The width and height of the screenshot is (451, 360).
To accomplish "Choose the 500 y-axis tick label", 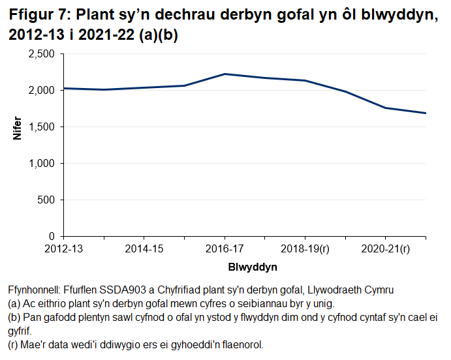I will coord(48,200).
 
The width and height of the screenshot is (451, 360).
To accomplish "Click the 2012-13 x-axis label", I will coord(63,248).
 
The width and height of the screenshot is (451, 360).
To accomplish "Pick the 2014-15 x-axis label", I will coord(144,248).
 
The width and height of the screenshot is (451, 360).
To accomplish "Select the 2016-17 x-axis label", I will coord(225,248).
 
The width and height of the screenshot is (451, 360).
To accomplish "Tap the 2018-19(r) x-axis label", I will coord(305,248).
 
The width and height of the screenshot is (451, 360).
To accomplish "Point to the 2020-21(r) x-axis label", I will coord(385,248).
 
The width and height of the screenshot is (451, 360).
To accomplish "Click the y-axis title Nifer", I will coord(18,145).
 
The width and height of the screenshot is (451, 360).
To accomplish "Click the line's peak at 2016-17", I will coord(225,74).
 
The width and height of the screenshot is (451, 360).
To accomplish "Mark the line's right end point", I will coord(426,113).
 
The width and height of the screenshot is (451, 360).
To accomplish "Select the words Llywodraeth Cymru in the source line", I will coord(358,290).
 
